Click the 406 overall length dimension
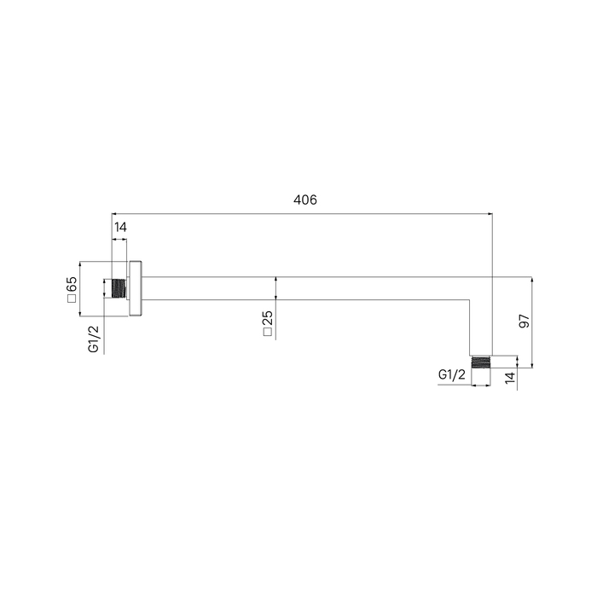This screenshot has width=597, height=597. click(305, 200)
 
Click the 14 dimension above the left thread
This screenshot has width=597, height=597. click(120, 228)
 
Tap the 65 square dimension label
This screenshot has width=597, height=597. click(72, 284)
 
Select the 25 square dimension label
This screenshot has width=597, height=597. click(268, 318)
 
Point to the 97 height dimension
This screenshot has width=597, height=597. click(525, 321)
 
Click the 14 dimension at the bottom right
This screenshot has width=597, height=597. click(510, 377)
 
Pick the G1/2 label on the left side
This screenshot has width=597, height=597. click(94, 339)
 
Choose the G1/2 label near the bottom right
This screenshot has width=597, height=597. click(452, 374)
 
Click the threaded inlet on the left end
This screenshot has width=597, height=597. click(119, 288)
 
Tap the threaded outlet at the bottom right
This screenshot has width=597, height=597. click(481, 362)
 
